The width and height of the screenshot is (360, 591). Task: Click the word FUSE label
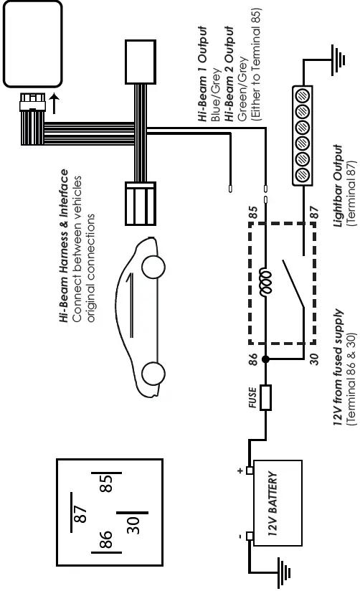click(252, 399)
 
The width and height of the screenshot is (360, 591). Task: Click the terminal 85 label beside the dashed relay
click(252, 212)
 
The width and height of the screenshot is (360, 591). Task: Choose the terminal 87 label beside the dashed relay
click(313, 212)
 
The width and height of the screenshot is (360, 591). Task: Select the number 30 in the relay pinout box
click(132, 526)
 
